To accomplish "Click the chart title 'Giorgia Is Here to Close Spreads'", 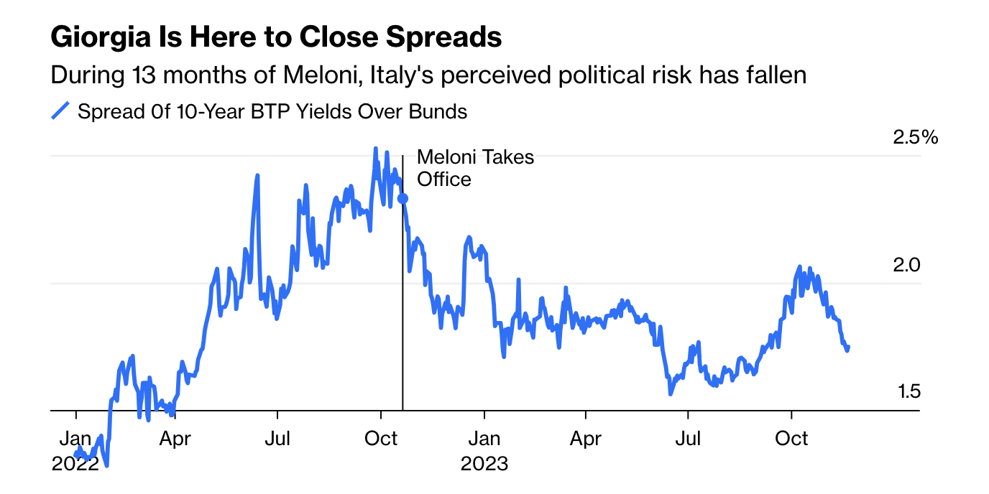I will [x=276, y=37].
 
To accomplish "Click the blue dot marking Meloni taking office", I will [x=402, y=198].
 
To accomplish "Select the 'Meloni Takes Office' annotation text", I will [x=475, y=168].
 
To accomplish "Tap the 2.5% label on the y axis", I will [x=915, y=137].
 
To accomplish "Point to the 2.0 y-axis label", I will [x=905, y=265].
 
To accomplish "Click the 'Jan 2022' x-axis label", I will [x=75, y=450].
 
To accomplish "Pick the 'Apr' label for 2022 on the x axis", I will [x=175, y=438].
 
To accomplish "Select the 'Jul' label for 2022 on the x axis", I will [x=277, y=438].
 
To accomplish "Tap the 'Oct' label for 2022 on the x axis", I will [x=380, y=438].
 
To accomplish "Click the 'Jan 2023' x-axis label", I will [x=484, y=450].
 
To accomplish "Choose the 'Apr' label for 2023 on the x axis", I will [x=585, y=438].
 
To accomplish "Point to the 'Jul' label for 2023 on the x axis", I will [x=688, y=438].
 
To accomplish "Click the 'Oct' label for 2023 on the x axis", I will [x=791, y=438].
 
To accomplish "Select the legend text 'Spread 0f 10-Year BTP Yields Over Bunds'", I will [x=272, y=112].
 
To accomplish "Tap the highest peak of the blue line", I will [x=375, y=149].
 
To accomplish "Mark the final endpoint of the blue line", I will [x=849, y=348].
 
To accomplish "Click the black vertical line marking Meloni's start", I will [x=402, y=302].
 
